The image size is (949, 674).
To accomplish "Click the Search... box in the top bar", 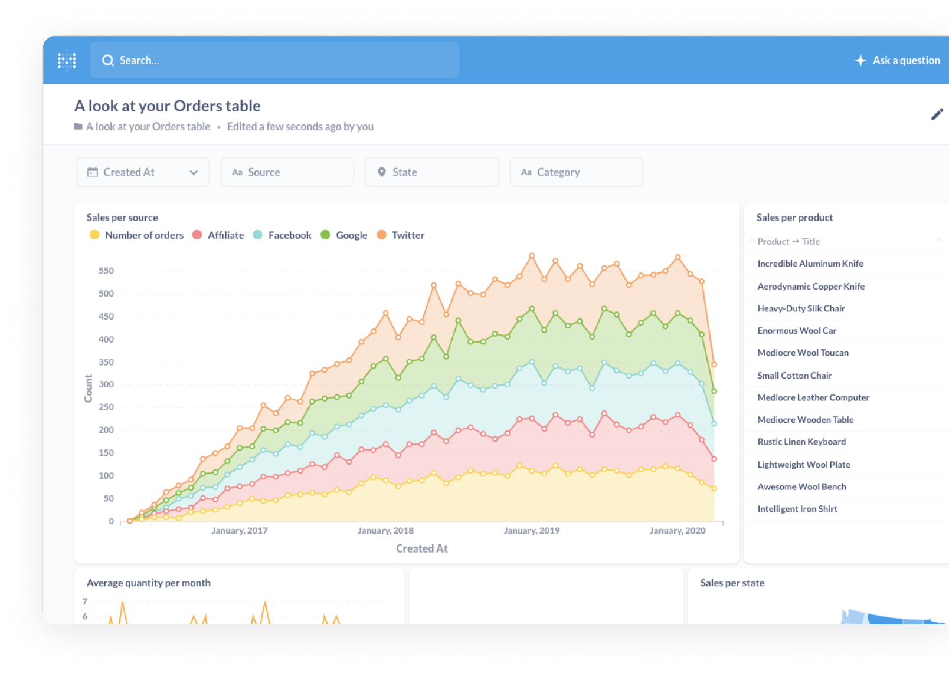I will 274,60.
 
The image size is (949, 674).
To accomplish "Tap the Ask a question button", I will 898,60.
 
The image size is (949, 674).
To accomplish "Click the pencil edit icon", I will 937,114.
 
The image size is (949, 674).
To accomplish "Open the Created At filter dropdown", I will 142,172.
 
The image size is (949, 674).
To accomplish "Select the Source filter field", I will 287,172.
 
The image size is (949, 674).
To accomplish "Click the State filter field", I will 431,172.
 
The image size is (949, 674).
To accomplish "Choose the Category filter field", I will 576,172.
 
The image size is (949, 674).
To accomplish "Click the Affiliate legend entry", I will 225,235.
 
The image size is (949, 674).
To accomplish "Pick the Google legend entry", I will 351,235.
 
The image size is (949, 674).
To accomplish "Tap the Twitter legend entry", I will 407,235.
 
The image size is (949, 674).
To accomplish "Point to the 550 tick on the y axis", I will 106,271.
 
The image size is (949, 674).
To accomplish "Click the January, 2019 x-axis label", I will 531,531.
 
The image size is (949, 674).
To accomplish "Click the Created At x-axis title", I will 421,548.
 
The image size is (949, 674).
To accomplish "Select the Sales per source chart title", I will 122,218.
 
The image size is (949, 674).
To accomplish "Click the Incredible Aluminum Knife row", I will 810,264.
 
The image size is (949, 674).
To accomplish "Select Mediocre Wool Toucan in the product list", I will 803,353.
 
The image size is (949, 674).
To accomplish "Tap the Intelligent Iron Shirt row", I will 797,509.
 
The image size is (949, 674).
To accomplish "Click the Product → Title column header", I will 788,242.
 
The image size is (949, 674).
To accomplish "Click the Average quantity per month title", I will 149,583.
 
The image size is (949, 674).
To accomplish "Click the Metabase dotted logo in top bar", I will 67,60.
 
